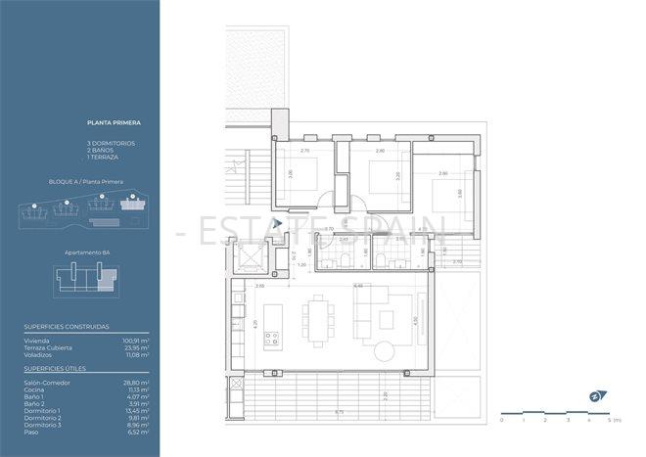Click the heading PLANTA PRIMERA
[114, 123]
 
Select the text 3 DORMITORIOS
[111, 143]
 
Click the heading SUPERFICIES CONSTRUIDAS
[67, 327]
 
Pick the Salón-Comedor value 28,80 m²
[137, 383]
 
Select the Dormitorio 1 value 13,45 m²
[137, 410]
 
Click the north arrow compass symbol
[596, 395]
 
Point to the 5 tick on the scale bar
[610, 420]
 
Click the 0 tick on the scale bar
[501, 420]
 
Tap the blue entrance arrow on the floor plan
[278, 224]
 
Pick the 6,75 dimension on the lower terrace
[338, 412]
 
